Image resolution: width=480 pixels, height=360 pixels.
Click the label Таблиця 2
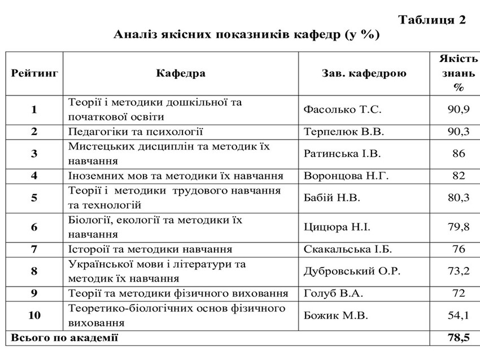tap(432, 20)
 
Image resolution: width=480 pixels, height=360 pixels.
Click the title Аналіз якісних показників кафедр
tap(247, 36)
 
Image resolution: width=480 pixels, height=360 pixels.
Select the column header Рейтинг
tap(34, 73)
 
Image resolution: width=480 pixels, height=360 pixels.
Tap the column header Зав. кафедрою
tap(364, 73)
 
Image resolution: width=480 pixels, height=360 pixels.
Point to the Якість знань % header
tap(458, 73)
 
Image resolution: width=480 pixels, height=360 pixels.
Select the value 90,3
tap(459, 131)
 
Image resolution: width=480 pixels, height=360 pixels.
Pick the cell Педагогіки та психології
tap(136, 131)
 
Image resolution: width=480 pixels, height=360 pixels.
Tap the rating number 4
tap(34, 175)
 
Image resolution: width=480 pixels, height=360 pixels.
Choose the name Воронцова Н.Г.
tap(346, 175)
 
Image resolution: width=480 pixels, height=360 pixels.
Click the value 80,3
tap(459, 197)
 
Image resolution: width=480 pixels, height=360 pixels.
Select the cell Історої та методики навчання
tap(150, 249)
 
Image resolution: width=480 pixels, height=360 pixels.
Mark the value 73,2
tap(459, 271)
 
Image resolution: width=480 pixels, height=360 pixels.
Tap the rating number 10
tap(34, 315)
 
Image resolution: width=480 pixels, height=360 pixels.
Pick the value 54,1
tap(459, 315)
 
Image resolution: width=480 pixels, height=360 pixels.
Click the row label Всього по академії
tap(63, 337)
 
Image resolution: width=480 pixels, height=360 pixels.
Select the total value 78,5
tap(459, 337)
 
